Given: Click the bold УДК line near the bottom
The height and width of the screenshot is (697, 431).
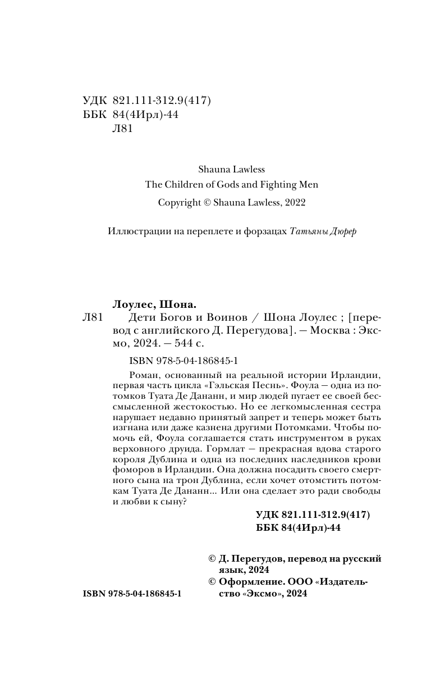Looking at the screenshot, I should (312, 515).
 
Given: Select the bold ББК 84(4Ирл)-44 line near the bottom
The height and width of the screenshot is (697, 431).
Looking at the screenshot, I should (298, 528).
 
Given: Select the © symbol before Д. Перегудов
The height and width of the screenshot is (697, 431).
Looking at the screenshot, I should (212, 559).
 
